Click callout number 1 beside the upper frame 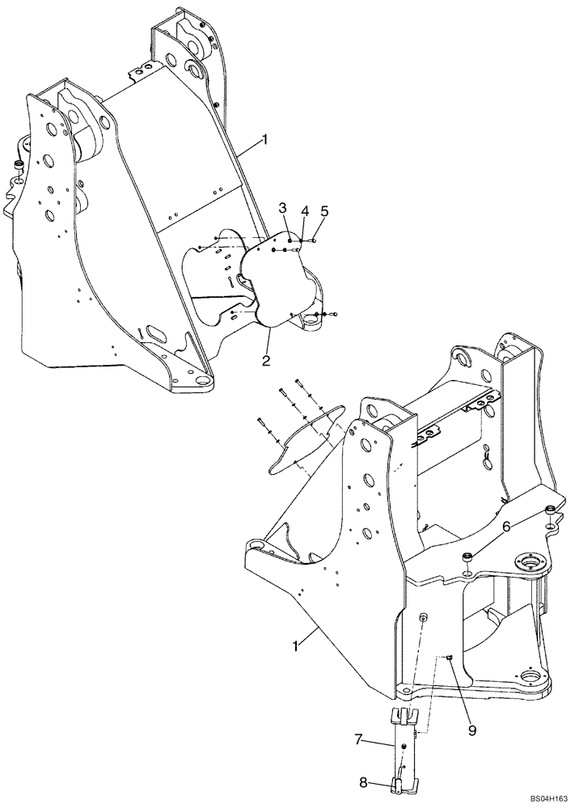264,141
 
